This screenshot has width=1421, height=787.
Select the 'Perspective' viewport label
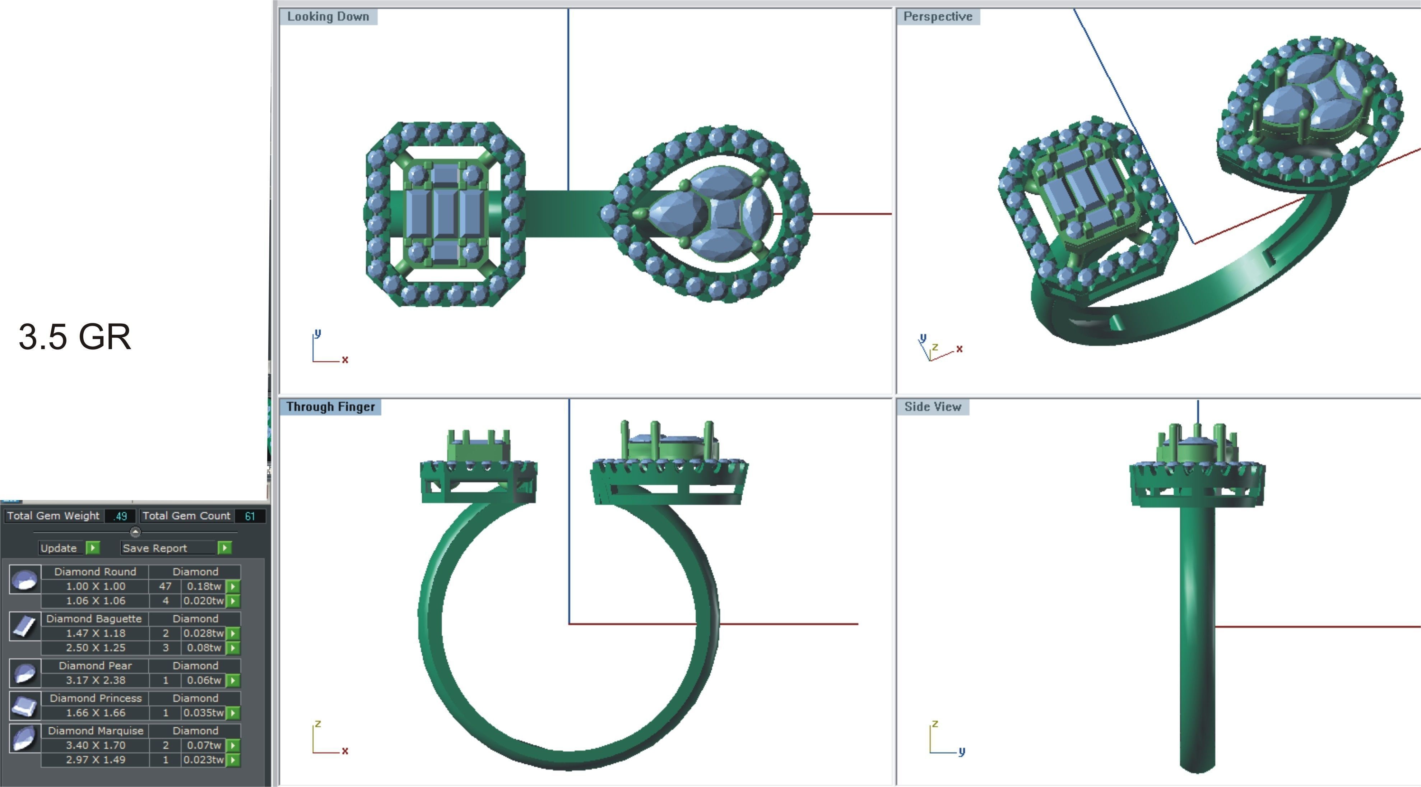click(x=937, y=17)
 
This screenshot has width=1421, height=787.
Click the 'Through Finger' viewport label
click(x=330, y=407)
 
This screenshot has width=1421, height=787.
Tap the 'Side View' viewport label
click(x=932, y=407)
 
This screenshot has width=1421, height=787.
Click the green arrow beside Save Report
click(x=224, y=548)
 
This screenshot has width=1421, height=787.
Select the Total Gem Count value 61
click(x=250, y=516)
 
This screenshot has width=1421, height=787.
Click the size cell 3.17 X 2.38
click(x=96, y=680)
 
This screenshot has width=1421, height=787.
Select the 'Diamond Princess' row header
click(x=96, y=698)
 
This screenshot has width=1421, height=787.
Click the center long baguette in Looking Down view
click(x=445, y=214)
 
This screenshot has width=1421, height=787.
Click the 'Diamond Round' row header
click(x=96, y=572)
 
